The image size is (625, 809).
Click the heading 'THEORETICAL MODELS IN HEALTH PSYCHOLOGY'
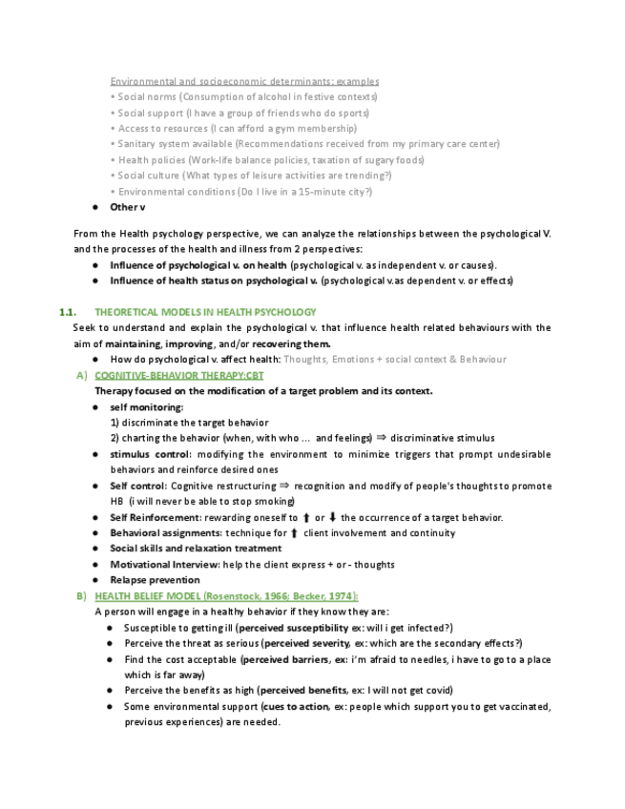pyautogui.click(x=205, y=312)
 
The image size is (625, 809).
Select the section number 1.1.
pyautogui.click(x=68, y=312)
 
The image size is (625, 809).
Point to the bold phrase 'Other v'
pyautogui.click(x=128, y=207)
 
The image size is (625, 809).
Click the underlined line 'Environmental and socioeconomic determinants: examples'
pyautogui.click(x=244, y=81)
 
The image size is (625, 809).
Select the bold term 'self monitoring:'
pyautogui.click(x=146, y=407)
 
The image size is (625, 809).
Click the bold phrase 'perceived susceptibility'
pyautogui.click(x=297, y=628)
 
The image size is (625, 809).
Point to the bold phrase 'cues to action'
pyautogui.click(x=296, y=707)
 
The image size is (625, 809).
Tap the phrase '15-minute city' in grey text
pyautogui.click(x=333, y=192)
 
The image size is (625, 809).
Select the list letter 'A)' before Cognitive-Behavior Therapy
pyautogui.click(x=81, y=376)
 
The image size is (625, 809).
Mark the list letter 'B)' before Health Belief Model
pyautogui.click(x=81, y=596)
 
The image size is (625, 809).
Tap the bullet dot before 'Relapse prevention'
pyautogui.click(x=98, y=580)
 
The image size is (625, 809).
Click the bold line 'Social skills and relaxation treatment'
pyautogui.click(x=196, y=549)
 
